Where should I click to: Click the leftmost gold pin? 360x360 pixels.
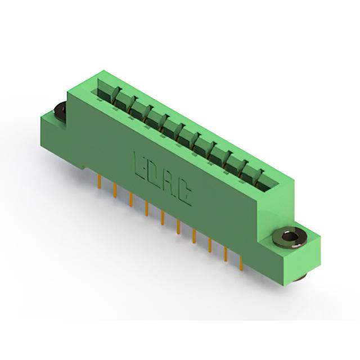[x=100, y=182]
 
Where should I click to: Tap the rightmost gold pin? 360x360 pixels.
[x=241, y=263]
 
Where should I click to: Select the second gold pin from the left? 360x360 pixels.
[x=115, y=190]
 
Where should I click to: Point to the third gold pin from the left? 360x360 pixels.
[x=131, y=200]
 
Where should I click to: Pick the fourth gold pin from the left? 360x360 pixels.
[x=147, y=209]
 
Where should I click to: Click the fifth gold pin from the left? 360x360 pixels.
[x=163, y=218]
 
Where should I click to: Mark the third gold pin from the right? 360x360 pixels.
[x=210, y=245]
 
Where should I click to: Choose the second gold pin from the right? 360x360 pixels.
[x=226, y=254]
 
